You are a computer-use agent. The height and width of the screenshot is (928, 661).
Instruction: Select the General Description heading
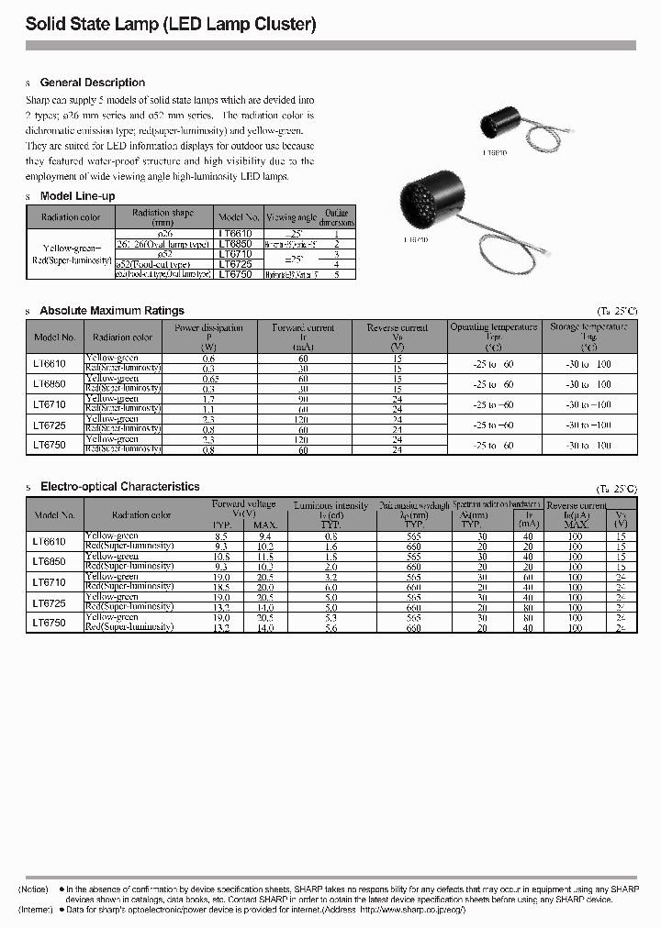point(93,83)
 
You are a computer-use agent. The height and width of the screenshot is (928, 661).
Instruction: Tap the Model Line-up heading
point(78,196)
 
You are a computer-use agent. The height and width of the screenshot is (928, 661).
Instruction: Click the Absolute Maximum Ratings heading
point(112,311)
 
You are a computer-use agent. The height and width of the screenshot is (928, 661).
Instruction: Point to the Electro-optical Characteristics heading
point(119,487)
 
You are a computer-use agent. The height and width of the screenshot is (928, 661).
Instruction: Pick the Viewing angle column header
point(291,217)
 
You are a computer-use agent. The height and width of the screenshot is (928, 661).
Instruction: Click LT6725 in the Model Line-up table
point(238,263)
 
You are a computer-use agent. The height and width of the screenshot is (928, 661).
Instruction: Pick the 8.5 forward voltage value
point(221,536)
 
